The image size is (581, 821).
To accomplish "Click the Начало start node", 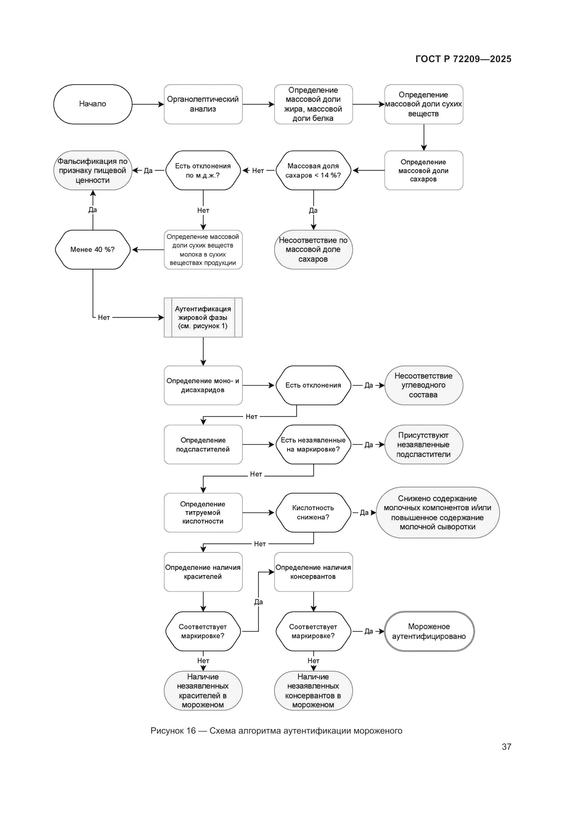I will point(93,104).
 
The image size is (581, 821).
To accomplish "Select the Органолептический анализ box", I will point(203,104).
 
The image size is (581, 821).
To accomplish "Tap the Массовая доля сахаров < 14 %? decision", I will point(313,171).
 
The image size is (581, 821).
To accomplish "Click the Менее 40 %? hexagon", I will point(93,250).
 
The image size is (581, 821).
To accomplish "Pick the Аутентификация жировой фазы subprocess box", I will point(203,318).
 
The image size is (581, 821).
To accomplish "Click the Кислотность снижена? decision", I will point(313,512).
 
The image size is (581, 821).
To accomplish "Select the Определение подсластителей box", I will point(203,444).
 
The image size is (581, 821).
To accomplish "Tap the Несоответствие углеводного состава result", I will point(423,385).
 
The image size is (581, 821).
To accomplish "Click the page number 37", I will point(506,747).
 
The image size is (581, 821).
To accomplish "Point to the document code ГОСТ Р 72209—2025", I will point(463,59).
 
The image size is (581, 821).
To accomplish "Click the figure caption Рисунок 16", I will point(276,730).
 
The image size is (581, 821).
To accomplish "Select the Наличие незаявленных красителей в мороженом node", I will point(203,690).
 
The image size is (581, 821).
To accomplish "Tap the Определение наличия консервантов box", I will point(313,572).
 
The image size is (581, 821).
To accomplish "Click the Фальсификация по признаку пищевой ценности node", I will point(93,171).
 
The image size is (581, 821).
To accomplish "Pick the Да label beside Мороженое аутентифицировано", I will point(368,631).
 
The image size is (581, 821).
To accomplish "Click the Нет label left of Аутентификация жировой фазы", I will point(104,318).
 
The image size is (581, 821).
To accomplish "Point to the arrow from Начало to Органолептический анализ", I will point(148,104).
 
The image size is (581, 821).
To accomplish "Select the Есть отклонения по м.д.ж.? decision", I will point(203,171).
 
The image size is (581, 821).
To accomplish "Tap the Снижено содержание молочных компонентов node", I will point(437,512).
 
